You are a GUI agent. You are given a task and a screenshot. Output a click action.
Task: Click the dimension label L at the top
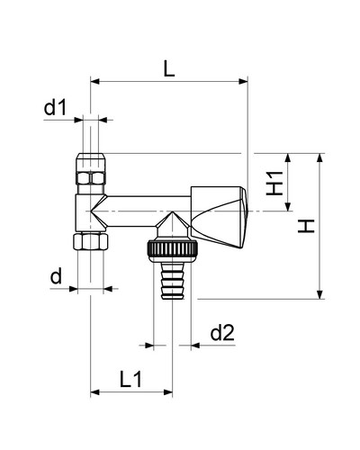169,69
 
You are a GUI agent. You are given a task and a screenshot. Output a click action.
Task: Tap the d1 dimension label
55,108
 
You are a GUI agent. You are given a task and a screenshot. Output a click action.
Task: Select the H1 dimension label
274,184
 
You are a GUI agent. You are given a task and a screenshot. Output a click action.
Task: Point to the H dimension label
306,226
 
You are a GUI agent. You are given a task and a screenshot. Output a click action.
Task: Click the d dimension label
56,276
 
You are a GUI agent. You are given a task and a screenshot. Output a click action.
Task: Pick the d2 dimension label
222,333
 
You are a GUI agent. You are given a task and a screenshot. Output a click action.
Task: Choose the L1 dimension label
130,379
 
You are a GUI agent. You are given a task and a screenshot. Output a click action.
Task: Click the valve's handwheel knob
220,217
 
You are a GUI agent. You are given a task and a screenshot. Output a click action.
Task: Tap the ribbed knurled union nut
172,248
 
